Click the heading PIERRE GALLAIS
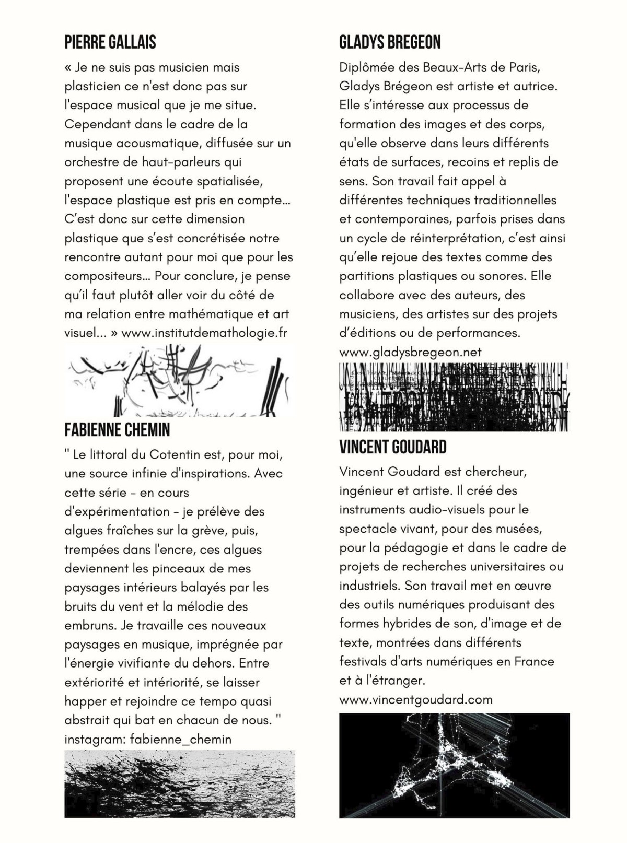point(110,42)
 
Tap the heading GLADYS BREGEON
point(390,42)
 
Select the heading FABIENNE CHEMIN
point(117,430)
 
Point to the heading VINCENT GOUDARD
point(392,447)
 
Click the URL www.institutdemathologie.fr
point(204,333)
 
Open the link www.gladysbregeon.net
point(410,352)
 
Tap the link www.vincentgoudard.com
point(415,699)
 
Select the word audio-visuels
point(440,509)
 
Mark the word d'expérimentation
point(117,511)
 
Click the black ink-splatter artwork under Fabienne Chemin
point(180,783)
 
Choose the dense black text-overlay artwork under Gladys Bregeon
point(454,397)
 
